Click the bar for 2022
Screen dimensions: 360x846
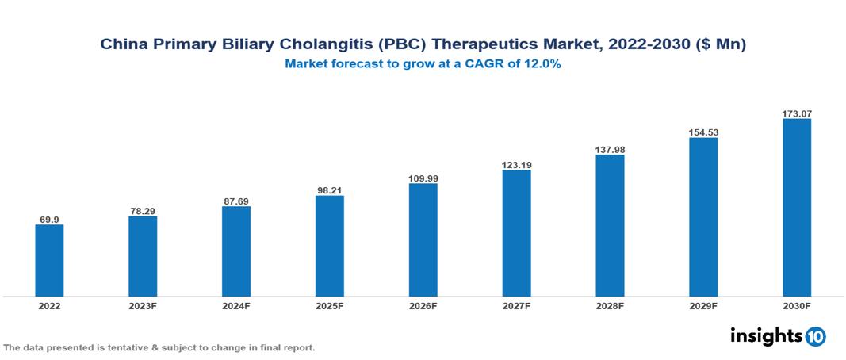coord(49,260)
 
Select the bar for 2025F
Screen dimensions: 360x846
coord(330,246)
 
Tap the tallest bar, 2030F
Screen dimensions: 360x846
coord(797,208)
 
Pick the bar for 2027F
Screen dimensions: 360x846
coord(516,233)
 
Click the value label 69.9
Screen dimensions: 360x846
coord(49,219)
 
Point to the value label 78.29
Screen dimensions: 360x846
coord(143,210)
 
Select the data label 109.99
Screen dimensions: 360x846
coord(423,178)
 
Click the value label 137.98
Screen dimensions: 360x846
coord(610,149)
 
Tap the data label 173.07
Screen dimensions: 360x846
coord(797,113)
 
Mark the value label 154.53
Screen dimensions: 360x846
coord(703,132)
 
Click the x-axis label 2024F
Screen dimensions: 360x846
coord(236,305)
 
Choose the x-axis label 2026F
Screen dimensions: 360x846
coord(423,305)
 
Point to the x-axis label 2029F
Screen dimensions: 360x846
coord(703,305)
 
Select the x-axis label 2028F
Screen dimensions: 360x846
coord(610,305)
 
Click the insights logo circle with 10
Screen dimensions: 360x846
coord(816,336)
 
